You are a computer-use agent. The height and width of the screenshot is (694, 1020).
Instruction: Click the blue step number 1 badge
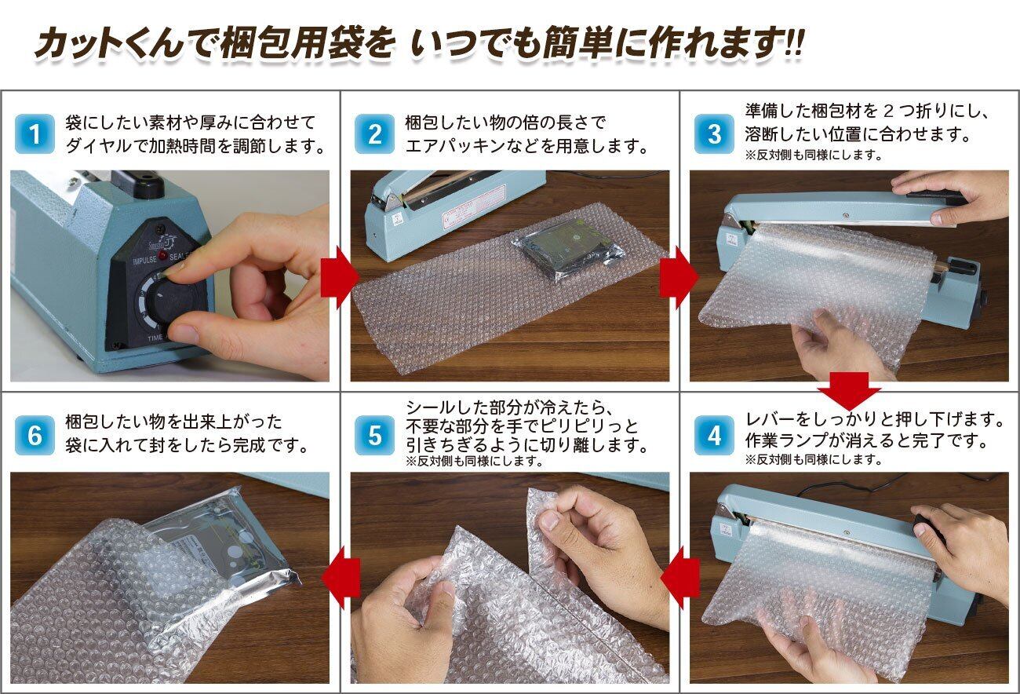(x=35, y=134)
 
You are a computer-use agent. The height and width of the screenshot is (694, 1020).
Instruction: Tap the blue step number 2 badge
(x=374, y=134)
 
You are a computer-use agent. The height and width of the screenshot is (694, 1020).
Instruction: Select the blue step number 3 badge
(x=714, y=134)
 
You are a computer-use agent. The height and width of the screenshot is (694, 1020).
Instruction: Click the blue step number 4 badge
(x=714, y=435)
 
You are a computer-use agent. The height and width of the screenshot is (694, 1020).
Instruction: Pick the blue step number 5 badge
(x=374, y=435)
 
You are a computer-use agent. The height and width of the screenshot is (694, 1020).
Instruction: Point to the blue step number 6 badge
(x=35, y=435)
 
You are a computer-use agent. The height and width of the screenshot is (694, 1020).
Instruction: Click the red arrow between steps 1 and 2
(x=340, y=277)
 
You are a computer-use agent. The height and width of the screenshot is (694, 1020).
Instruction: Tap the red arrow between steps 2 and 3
(x=679, y=277)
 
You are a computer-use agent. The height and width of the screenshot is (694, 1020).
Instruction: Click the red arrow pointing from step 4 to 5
(x=679, y=578)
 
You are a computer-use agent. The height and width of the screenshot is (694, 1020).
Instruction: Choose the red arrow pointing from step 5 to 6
(x=341, y=578)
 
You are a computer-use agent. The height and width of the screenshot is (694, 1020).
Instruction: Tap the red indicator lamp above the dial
(x=162, y=254)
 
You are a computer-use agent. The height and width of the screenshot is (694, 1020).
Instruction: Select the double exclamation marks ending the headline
(x=795, y=43)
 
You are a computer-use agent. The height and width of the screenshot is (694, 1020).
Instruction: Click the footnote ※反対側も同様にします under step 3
(x=814, y=155)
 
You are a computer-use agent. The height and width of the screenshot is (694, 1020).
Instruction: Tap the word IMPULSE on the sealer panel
(x=145, y=260)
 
